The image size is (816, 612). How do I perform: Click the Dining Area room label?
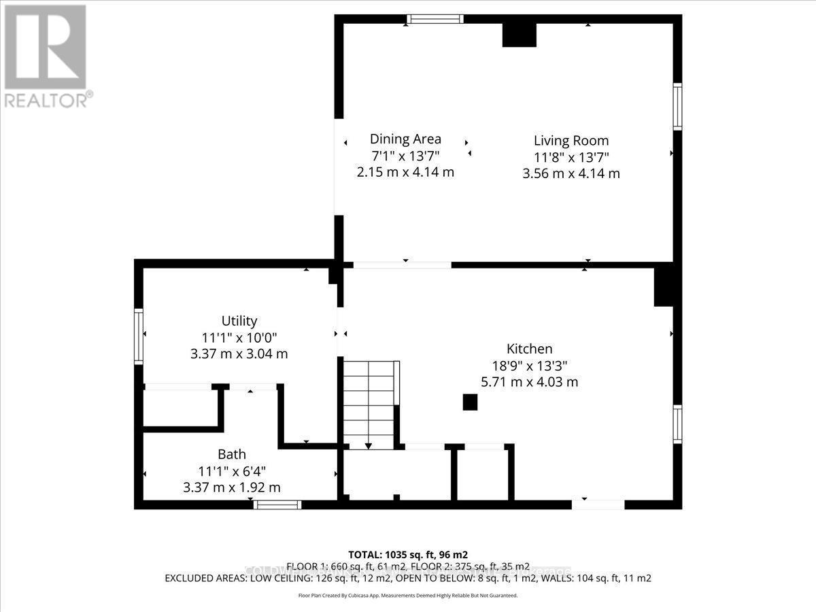(405, 139)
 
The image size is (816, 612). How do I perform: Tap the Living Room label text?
(571, 141)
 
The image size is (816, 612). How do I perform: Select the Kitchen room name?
(529, 349)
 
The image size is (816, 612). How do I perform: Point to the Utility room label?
(239, 321)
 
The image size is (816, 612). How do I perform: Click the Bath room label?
(232, 454)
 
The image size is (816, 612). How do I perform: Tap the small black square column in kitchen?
(470, 402)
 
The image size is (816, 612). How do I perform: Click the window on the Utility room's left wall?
(139, 336)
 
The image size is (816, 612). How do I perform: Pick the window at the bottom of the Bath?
(277, 505)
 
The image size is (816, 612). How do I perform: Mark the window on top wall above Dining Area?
(435, 19)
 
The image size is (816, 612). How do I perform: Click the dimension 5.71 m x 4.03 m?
(529, 382)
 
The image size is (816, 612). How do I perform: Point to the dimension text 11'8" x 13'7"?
(571, 157)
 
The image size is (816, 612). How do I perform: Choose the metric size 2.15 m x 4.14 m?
(405, 172)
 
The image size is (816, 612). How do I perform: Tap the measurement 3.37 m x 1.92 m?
(232, 488)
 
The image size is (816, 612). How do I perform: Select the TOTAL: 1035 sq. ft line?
(408, 554)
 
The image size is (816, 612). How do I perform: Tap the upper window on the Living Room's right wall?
(677, 106)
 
